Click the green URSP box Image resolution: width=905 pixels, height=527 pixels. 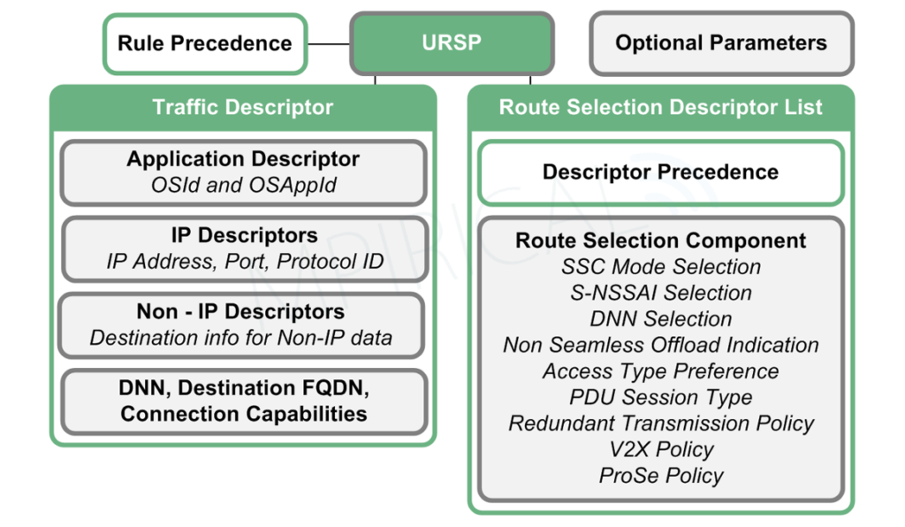pyautogui.click(x=452, y=43)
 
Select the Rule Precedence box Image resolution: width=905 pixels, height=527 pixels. pyautogui.click(x=204, y=43)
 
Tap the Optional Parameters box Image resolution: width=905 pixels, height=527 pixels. pyautogui.click(x=721, y=42)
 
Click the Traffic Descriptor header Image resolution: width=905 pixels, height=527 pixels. pyautogui.click(x=242, y=108)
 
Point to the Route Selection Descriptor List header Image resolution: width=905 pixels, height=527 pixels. pyautogui.click(x=660, y=108)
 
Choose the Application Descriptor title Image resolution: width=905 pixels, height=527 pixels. pyautogui.click(x=243, y=159)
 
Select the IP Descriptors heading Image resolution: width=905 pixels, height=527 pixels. pyautogui.click(x=243, y=236)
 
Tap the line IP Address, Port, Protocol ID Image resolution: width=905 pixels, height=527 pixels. pyautogui.click(x=243, y=261)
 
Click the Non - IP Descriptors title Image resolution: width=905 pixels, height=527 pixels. pyautogui.click(x=243, y=312)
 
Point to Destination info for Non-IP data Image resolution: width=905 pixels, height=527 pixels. pyautogui.click(x=243, y=337)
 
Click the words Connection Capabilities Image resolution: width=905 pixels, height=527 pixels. pyautogui.click(x=244, y=414)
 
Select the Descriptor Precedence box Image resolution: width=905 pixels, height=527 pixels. pyautogui.click(x=660, y=172)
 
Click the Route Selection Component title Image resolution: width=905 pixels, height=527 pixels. pyautogui.click(x=660, y=241)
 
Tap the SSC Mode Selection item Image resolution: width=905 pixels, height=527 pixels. pyautogui.click(x=660, y=267)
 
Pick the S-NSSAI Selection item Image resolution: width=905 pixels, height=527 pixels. pyautogui.click(x=660, y=293)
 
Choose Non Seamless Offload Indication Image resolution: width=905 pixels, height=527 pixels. pyautogui.click(x=660, y=345)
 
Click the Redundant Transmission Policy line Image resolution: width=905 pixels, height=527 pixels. pyautogui.click(x=660, y=424)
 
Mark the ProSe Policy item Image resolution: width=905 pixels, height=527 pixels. pyautogui.click(x=660, y=476)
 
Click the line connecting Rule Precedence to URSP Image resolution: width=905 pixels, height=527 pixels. pyautogui.click(x=329, y=43)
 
